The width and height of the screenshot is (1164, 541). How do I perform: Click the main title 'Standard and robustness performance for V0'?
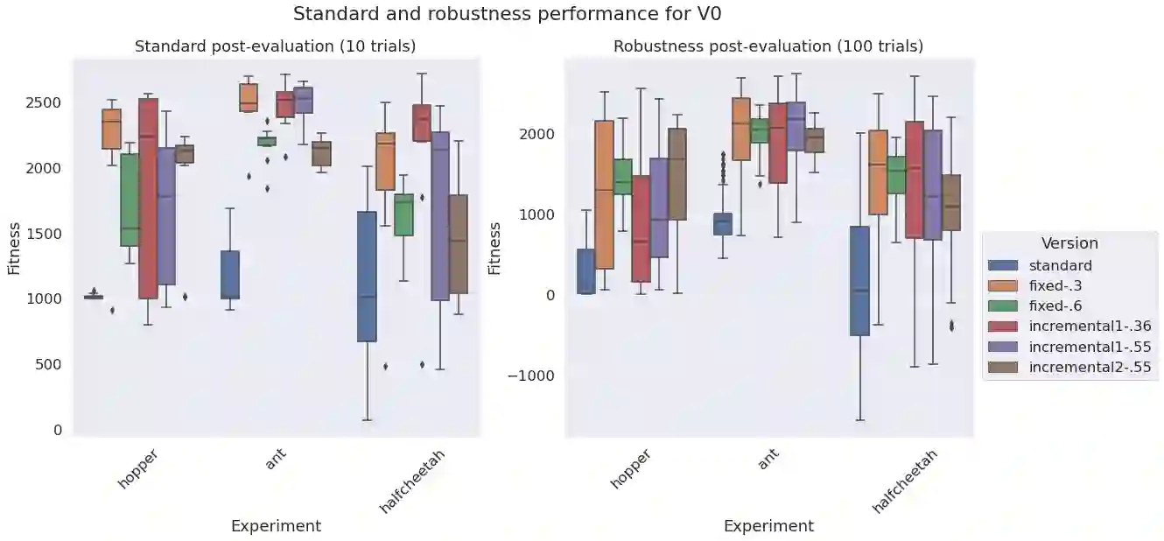point(507,15)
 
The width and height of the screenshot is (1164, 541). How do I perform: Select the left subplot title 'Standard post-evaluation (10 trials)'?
point(275,46)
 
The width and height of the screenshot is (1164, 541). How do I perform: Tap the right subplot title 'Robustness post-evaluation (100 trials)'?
point(768,46)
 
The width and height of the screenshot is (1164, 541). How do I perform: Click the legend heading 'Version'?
point(1069,243)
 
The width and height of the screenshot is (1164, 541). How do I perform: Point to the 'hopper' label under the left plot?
point(137,470)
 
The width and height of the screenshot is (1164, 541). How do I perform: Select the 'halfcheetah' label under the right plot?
point(905,481)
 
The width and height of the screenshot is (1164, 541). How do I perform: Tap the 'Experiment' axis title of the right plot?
point(768,526)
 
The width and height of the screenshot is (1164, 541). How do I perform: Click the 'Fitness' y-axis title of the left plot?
point(15,247)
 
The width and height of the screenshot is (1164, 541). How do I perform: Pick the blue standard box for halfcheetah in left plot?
point(367,276)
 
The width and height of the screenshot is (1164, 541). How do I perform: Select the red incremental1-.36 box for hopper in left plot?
point(148,199)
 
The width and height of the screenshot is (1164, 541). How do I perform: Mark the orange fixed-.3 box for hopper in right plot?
point(604,194)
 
